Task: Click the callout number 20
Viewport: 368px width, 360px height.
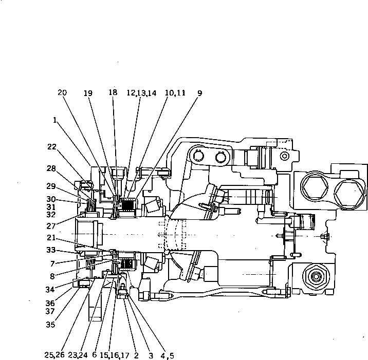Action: coord(62,93)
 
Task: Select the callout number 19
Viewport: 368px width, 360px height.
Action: coord(88,93)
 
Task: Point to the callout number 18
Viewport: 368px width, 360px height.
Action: coord(113,93)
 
